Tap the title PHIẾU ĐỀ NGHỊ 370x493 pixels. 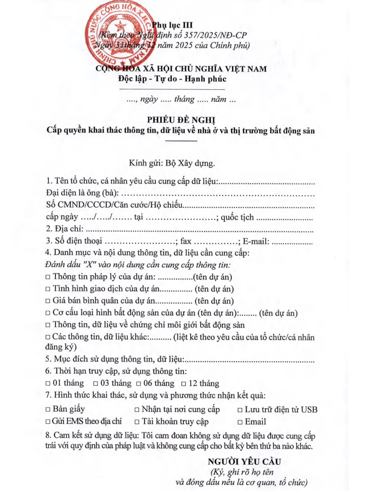[181, 120]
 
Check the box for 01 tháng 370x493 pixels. [48, 384]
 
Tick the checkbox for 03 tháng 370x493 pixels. [95, 384]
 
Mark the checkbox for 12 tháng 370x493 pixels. [184, 384]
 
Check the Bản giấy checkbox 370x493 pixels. [48, 409]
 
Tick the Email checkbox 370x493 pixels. [240, 422]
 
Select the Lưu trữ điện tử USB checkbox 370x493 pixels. [240, 410]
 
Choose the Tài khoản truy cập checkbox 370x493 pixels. [137, 422]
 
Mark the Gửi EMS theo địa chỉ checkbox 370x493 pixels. [48, 422]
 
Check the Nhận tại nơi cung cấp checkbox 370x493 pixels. [137, 410]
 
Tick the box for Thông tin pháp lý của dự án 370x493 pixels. [48, 277]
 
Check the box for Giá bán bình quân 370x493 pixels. [48, 301]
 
